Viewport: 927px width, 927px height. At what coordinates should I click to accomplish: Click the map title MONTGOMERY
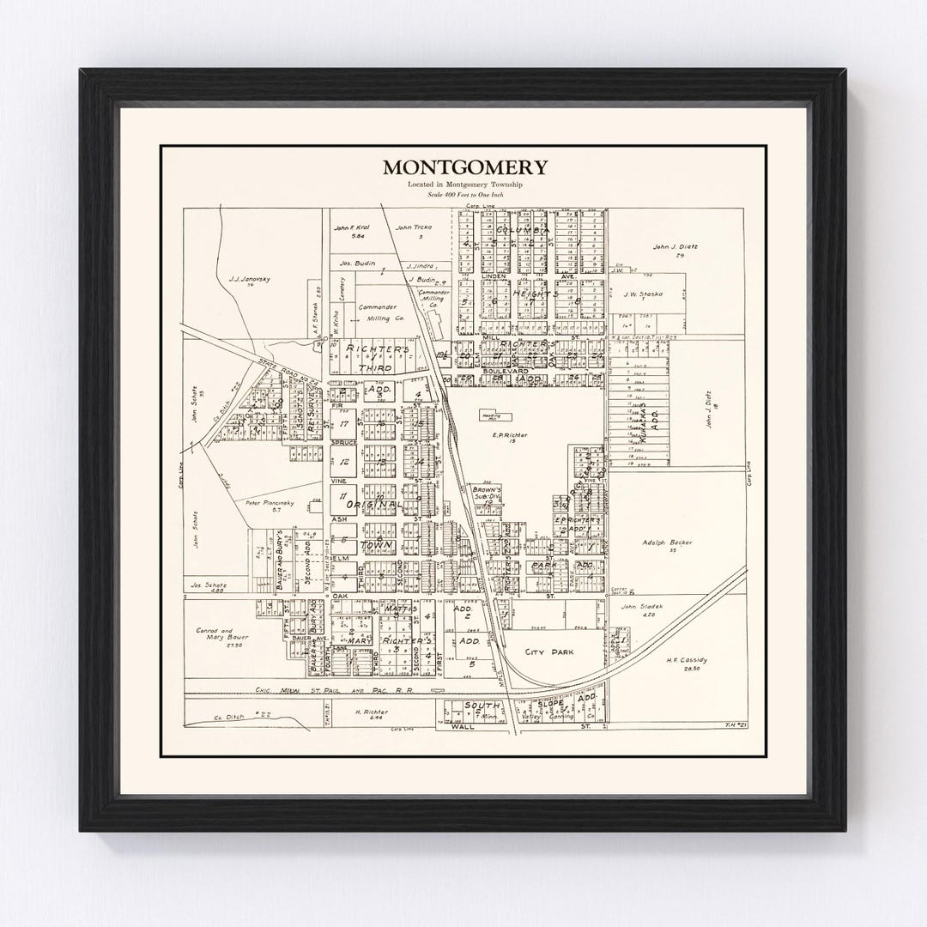[x=464, y=167]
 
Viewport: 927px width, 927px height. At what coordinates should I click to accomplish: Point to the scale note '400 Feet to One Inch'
[x=464, y=197]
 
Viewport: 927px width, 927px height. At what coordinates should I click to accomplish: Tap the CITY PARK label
[x=549, y=652]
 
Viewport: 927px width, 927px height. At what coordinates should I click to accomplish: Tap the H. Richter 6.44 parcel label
[x=372, y=712]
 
